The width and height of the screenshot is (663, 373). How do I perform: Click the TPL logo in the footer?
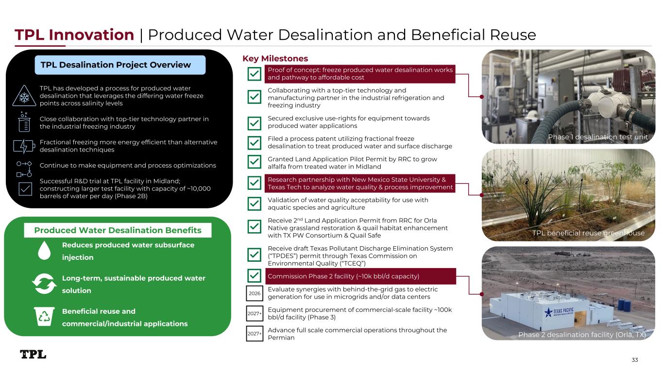[x=33, y=354]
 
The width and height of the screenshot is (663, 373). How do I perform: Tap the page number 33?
[x=634, y=360]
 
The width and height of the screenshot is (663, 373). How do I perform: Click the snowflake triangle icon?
[x=24, y=96]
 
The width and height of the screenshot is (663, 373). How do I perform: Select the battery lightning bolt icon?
[x=24, y=146]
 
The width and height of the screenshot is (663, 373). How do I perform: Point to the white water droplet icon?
[x=44, y=251]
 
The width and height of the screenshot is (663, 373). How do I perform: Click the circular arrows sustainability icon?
[x=44, y=284]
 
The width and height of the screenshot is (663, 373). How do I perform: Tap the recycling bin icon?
[x=44, y=316]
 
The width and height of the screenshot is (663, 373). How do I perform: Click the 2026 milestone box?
[x=255, y=293]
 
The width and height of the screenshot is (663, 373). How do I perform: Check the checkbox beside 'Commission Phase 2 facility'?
[x=254, y=276]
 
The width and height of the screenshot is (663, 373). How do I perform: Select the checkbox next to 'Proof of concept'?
[x=254, y=74]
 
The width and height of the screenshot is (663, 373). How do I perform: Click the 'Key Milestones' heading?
[x=275, y=58]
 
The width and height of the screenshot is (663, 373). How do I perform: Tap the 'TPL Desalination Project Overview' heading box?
[x=120, y=65]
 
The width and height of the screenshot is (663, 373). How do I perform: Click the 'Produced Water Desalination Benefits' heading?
[x=118, y=230]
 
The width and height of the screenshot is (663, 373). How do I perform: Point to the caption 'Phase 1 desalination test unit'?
[x=598, y=137]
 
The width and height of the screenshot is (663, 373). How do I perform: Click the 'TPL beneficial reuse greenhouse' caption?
[x=588, y=233]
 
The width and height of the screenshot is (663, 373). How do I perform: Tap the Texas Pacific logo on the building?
[x=559, y=312]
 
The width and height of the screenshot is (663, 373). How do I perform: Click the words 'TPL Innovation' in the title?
[x=74, y=34]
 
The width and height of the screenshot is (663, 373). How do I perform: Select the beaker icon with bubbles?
[x=24, y=122]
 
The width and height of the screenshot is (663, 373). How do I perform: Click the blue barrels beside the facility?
[x=624, y=305]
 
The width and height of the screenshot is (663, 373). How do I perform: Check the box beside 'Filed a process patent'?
[x=254, y=143]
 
